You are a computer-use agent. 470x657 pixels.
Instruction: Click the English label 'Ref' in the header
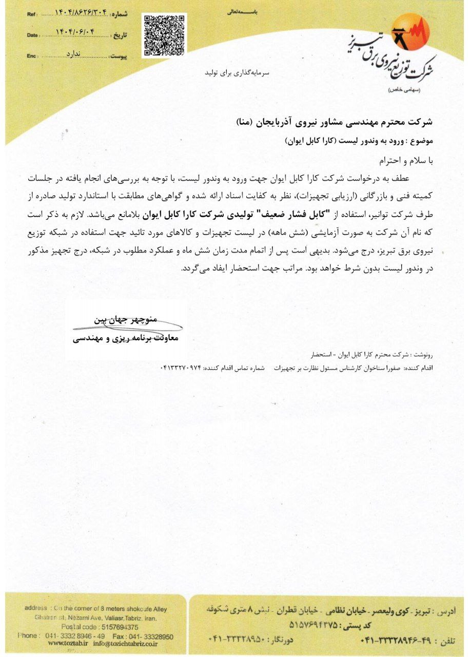(32, 14)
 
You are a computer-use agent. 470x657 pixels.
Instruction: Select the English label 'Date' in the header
(32, 35)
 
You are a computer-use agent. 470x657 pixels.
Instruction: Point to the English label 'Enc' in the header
(32, 55)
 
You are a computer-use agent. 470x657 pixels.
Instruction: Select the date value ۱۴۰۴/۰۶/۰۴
(77, 33)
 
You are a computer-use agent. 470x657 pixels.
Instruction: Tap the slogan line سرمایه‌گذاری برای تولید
(237, 73)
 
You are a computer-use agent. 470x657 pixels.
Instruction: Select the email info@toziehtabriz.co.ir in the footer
(125, 644)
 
